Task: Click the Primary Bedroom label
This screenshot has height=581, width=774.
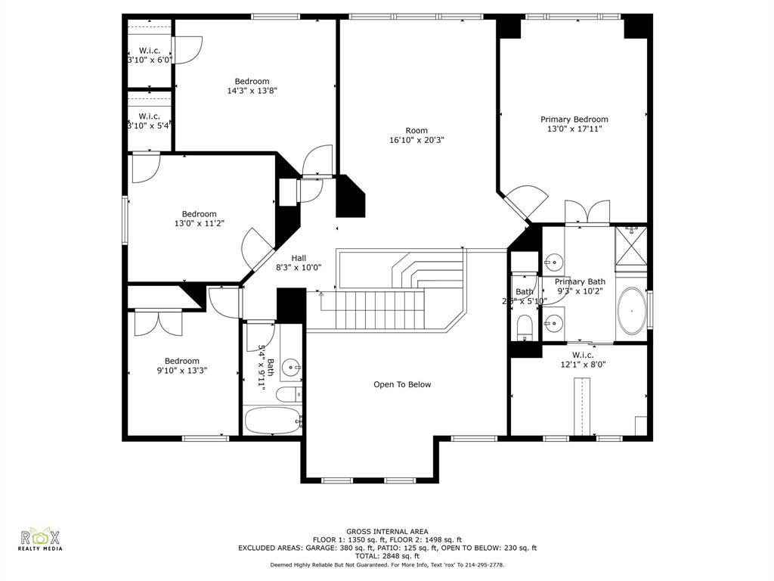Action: point(574,119)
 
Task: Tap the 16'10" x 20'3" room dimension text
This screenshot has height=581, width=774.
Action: point(416,140)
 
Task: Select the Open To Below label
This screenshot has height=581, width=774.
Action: point(402,384)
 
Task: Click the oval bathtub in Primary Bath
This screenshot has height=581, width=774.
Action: point(632,310)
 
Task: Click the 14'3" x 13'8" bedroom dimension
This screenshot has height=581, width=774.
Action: point(252,91)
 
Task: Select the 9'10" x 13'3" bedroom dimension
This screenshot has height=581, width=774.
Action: point(182,371)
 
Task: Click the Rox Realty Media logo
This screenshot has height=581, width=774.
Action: point(41,539)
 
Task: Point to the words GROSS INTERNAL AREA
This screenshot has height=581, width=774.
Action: point(387,532)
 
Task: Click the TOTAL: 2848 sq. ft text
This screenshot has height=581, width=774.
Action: point(387,556)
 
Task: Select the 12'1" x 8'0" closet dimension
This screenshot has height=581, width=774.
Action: point(582,364)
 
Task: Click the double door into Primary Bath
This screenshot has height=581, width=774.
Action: point(587,213)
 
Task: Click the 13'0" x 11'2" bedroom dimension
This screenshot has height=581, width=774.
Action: point(199,223)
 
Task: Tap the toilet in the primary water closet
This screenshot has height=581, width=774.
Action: point(525,327)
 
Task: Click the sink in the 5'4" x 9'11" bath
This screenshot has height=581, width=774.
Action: point(290,368)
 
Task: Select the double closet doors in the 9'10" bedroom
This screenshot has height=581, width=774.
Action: point(158,323)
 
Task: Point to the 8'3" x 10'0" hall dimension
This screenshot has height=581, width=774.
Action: point(299,267)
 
